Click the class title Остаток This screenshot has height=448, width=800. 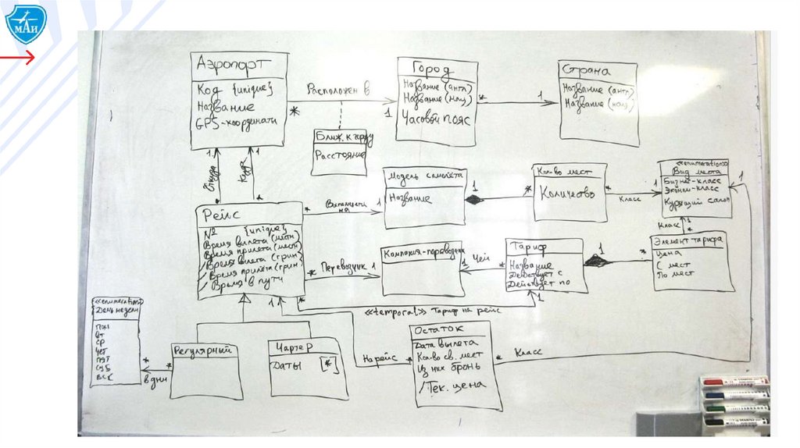click(441, 330)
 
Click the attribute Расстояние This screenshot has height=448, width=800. click(341, 155)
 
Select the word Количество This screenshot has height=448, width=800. click(570, 193)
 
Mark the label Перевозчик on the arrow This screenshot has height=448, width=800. click(345, 267)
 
